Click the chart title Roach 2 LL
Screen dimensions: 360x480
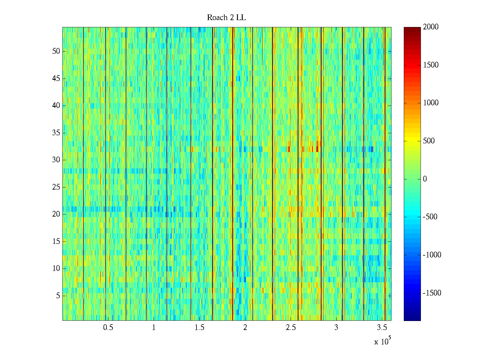[x=226, y=18]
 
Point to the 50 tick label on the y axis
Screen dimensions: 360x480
[x=56, y=51]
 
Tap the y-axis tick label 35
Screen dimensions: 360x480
[x=56, y=133]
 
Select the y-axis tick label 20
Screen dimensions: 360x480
[x=56, y=214]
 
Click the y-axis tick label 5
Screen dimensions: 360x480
[x=58, y=296]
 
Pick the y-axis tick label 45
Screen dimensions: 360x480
[x=56, y=79]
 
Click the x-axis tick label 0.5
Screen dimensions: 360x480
[x=108, y=328]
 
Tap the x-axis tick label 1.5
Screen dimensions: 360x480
[x=199, y=328]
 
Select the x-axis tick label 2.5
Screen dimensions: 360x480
[x=291, y=328]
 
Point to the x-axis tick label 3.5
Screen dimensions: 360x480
[x=382, y=328]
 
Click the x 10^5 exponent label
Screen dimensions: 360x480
[x=382, y=341]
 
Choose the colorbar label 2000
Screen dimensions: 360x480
[x=431, y=27]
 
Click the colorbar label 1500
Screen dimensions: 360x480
[x=431, y=65]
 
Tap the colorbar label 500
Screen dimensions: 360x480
[x=429, y=141]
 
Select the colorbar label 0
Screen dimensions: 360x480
[x=425, y=179]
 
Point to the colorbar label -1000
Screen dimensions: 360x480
[x=432, y=255]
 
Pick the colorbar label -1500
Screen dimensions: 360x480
[x=432, y=293]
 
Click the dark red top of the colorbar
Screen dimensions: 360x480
[x=412, y=29]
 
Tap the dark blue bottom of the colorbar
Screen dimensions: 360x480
[x=412, y=319]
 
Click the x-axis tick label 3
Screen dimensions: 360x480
[x=336, y=328]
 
